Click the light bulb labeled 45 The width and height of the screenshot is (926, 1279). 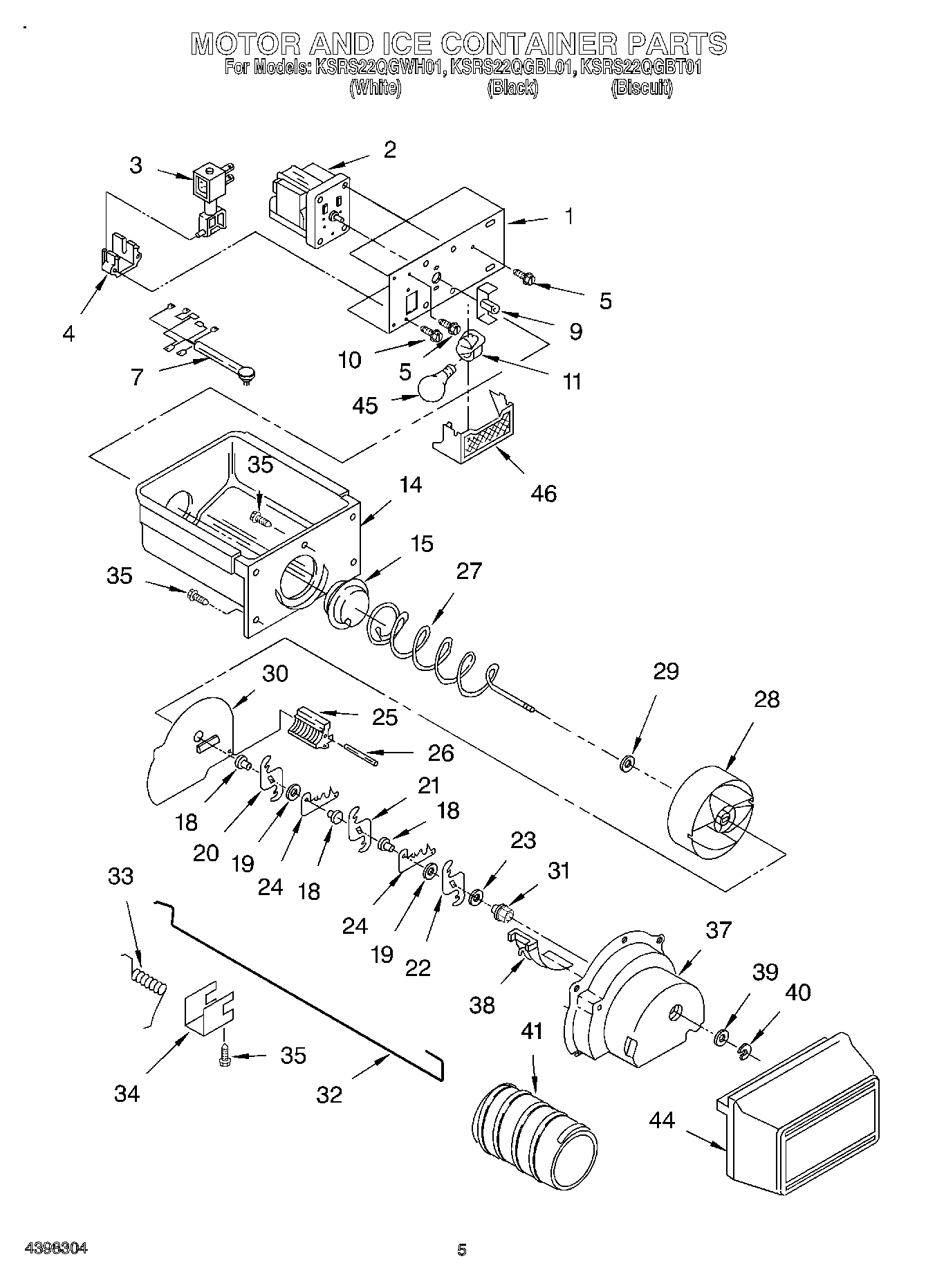pos(434,386)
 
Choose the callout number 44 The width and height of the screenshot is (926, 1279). pos(662,1119)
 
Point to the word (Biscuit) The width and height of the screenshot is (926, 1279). pos(641,88)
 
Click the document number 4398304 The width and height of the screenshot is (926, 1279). pos(56,1249)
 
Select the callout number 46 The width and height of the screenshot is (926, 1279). pos(543,493)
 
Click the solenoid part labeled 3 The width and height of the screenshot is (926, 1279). pos(212,197)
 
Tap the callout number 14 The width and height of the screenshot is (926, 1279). pos(410,485)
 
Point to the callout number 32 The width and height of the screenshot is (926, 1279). pos(330,1095)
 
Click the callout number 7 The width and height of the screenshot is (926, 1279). pos(137,377)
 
